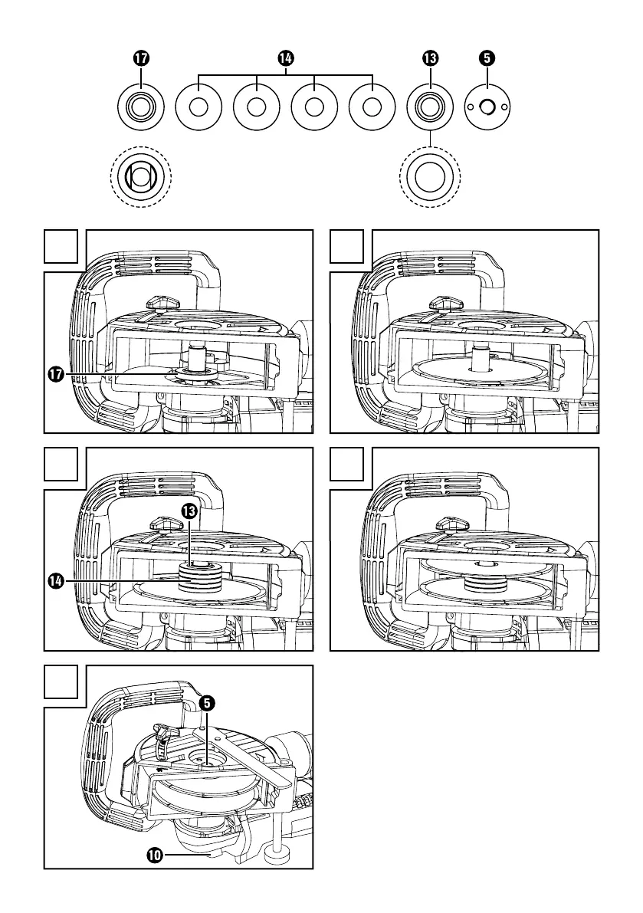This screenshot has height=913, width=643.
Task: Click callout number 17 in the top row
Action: coord(141,58)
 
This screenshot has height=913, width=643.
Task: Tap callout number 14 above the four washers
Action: coord(285,58)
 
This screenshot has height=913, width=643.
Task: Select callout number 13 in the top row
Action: coord(430,58)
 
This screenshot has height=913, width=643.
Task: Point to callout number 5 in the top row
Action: coord(487,58)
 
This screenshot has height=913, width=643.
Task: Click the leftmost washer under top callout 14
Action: coord(198,107)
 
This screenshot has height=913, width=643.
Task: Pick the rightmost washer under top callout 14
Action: coord(372,107)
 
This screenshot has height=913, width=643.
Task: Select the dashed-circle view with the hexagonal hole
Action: coord(141,176)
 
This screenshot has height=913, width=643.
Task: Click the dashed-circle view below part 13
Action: coord(430,176)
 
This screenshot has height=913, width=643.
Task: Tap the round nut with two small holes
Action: coord(487,107)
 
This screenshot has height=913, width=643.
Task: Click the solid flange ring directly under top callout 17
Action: coord(141,107)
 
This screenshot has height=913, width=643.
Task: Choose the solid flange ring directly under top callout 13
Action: coord(430,107)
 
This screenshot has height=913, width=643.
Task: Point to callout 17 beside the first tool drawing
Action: coord(56,375)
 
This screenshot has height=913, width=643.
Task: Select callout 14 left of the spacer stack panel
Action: coord(56,581)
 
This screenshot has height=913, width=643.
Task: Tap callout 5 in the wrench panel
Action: coord(207,704)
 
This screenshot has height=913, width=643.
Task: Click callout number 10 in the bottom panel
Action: coord(155,856)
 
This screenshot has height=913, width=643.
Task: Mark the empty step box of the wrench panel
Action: coord(61,682)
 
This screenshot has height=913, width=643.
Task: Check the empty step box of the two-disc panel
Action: coord(347,464)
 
